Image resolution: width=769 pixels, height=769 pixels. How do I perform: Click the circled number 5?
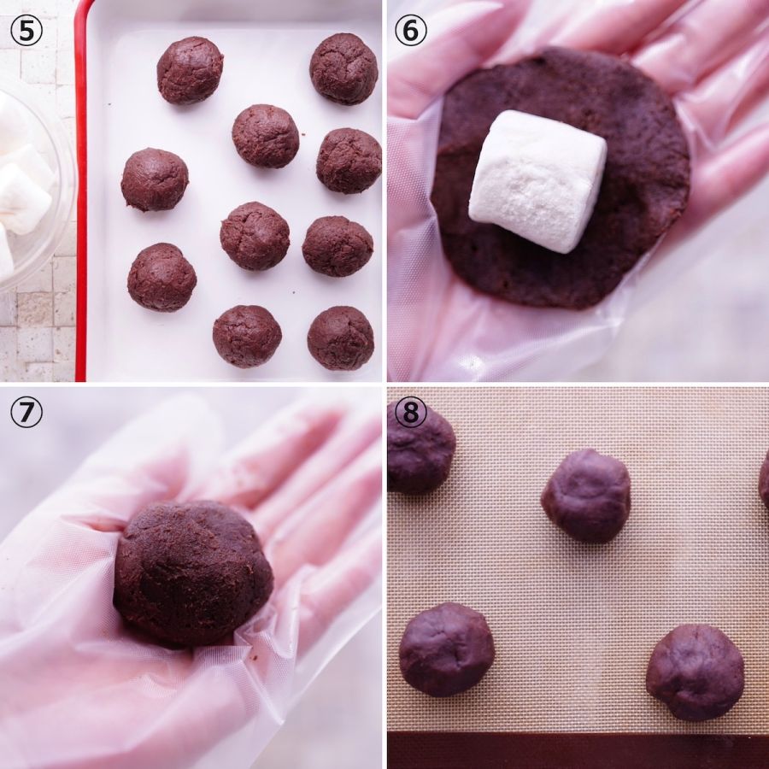tap(26, 31)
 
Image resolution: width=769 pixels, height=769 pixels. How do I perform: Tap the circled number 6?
tap(410, 31)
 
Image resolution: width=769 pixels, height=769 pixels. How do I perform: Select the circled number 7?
tap(26, 412)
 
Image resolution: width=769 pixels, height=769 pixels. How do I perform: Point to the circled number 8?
tap(410, 412)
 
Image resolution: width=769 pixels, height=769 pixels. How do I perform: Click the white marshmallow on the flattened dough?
tap(537, 181)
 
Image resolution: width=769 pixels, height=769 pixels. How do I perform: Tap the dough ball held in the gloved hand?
tap(193, 573)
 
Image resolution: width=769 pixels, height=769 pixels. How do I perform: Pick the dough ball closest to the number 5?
tap(190, 70)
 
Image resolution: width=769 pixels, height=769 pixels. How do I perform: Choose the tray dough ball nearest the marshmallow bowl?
tap(155, 179)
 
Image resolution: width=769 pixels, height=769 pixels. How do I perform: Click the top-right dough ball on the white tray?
tap(343, 68)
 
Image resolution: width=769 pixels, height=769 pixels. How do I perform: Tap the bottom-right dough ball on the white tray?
tap(340, 338)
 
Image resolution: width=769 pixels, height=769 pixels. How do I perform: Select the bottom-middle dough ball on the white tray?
tap(247, 336)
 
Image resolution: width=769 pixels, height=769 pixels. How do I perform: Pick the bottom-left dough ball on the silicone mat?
tap(446, 649)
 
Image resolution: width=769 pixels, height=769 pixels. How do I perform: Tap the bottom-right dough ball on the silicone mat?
tap(695, 672)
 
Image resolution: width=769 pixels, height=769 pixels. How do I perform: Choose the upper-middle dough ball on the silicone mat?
tap(585, 496)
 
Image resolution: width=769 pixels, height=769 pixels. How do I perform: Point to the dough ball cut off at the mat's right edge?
tap(764, 478)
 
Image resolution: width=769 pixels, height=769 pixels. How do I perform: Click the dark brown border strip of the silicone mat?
tap(578, 750)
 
